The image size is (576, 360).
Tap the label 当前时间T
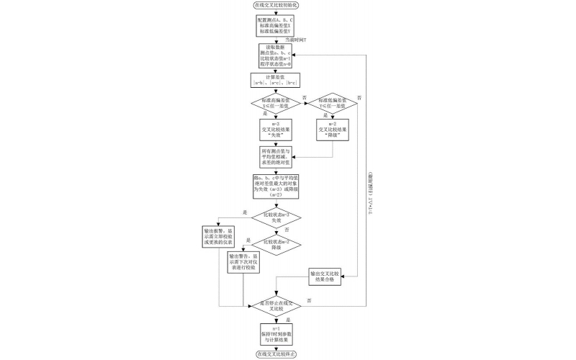[x=294, y=40]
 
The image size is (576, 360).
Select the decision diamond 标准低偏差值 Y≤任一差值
[x=331, y=103]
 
